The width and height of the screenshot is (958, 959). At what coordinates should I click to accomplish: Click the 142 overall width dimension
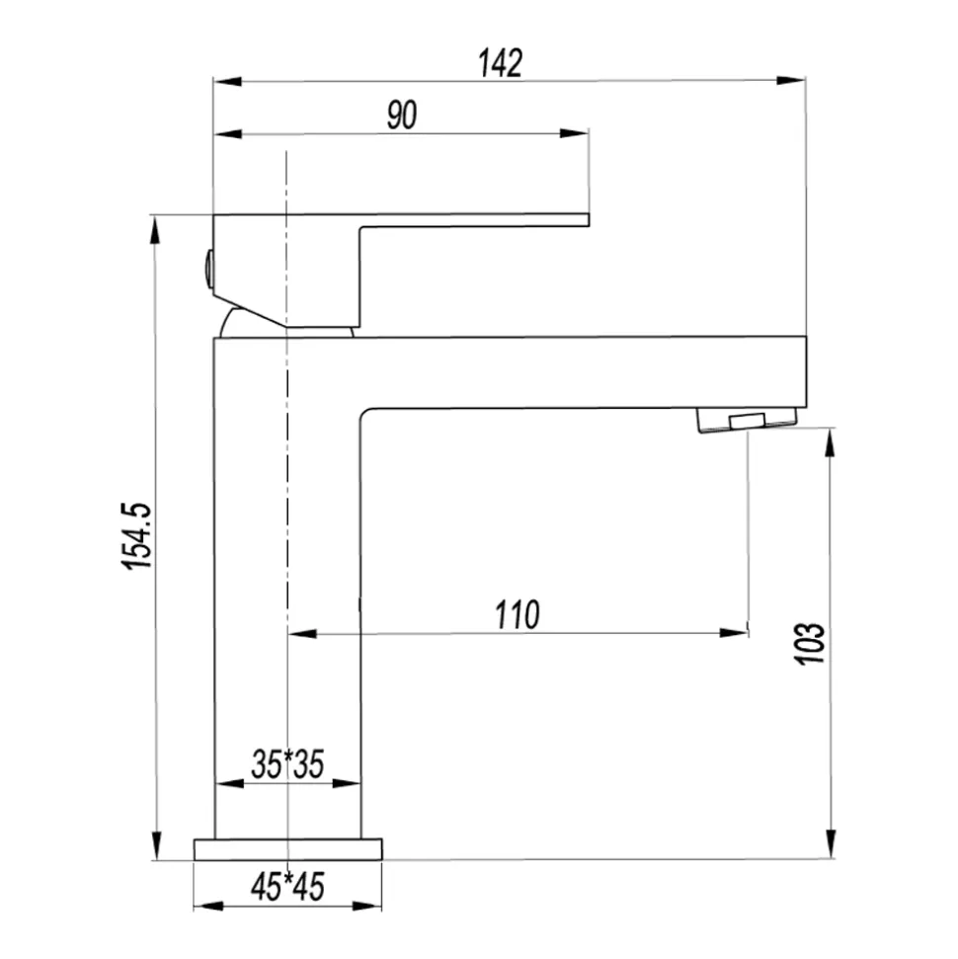coord(501,63)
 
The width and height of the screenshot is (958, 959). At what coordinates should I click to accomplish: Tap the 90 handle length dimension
coord(402,115)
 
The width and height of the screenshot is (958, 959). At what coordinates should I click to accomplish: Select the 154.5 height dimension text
coord(136,536)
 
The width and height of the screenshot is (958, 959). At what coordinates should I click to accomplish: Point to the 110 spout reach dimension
coord(517,614)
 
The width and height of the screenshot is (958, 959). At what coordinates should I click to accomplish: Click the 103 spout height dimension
coord(810,643)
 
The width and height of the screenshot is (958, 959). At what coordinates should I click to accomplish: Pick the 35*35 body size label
coord(287,763)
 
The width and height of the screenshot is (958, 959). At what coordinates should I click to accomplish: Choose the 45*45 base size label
coord(287,886)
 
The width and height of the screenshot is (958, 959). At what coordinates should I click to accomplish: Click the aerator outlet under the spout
coord(748,420)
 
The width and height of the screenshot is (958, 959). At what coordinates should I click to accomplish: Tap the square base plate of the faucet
coord(287,849)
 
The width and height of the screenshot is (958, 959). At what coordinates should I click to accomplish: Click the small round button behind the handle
coord(208,269)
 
